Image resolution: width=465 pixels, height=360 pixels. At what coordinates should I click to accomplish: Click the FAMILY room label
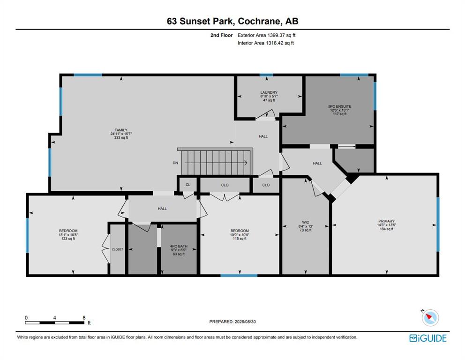pyautogui.click(x=121, y=130)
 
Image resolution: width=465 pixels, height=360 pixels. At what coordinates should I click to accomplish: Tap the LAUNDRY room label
pyautogui.click(x=269, y=92)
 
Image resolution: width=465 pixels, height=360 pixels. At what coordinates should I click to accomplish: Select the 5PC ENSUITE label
pyautogui.click(x=339, y=106)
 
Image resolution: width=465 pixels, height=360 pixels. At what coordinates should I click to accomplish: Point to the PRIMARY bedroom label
pyautogui.click(x=386, y=221)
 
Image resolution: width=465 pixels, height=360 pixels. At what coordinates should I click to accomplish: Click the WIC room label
pyautogui.click(x=306, y=222)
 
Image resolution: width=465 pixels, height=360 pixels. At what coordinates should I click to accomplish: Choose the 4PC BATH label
pyautogui.click(x=179, y=246)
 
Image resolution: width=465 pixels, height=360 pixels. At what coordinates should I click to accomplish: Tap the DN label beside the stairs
pyautogui.click(x=175, y=163)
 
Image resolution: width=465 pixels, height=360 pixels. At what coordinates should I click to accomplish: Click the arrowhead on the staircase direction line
pyautogui.click(x=246, y=163)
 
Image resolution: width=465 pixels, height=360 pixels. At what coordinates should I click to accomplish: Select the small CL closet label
pyautogui.click(x=187, y=185)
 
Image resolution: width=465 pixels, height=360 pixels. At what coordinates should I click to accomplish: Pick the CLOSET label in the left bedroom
pyautogui.click(x=118, y=249)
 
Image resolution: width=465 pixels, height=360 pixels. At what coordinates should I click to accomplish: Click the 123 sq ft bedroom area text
pyautogui.click(x=68, y=239)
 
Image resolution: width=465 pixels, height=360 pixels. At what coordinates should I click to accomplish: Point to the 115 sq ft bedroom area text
pyautogui.click(x=240, y=239)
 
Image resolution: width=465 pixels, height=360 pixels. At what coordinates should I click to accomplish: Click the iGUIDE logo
pyautogui.click(x=427, y=338)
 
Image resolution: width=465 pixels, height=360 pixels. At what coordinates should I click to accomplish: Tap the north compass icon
pyautogui.click(x=430, y=318)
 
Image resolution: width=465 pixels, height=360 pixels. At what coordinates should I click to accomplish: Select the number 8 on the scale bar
pyautogui.click(x=84, y=318)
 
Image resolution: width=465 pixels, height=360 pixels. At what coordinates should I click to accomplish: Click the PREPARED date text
pyautogui.click(x=232, y=322)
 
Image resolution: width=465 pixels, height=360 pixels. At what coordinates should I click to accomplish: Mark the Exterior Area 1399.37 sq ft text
pyautogui.click(x=266, y=35)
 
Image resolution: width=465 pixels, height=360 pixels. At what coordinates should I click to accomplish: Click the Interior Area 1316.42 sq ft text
pyautogui.click(x=266, y=43)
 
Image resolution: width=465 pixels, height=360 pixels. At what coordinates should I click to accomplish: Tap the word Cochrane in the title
pyautogui.click(x=259, y=21)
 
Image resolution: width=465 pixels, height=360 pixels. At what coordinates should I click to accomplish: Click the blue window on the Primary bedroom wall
pyautogui.click(x=438, y=225)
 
